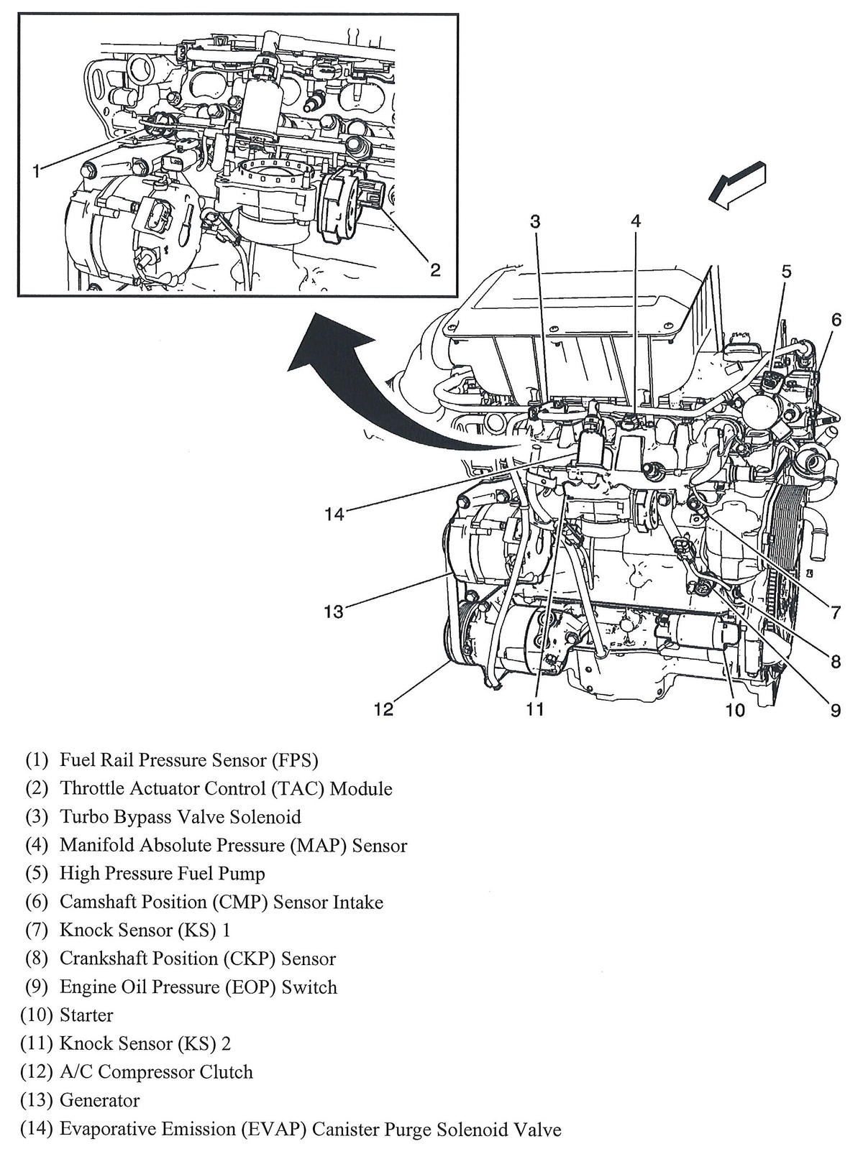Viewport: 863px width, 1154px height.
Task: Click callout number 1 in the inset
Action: (x=36, y=170)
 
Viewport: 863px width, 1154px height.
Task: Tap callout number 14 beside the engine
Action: (x=334, y=514)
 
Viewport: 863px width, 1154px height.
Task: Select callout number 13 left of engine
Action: (x=334, y=611)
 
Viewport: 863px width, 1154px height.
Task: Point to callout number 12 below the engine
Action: (x=383, y=710)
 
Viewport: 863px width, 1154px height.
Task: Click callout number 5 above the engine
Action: (x=786, y=272)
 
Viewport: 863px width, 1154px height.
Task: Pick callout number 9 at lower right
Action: (x=835, y=710)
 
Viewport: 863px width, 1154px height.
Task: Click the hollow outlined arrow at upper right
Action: (x=737, y=185)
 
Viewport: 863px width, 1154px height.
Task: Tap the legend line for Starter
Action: (x=86, y=1015)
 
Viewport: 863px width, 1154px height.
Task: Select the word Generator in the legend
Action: (x=99, y=1100)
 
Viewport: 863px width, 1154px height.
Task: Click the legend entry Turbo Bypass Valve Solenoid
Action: (x=180, y=817)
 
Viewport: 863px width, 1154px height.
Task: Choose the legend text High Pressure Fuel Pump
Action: (x=162, y=874)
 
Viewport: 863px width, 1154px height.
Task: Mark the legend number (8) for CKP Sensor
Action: (x=36, y=959)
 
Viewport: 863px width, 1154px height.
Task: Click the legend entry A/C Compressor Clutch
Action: (x=156, y=1072)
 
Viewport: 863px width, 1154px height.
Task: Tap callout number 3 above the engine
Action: (x=535, y=221)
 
